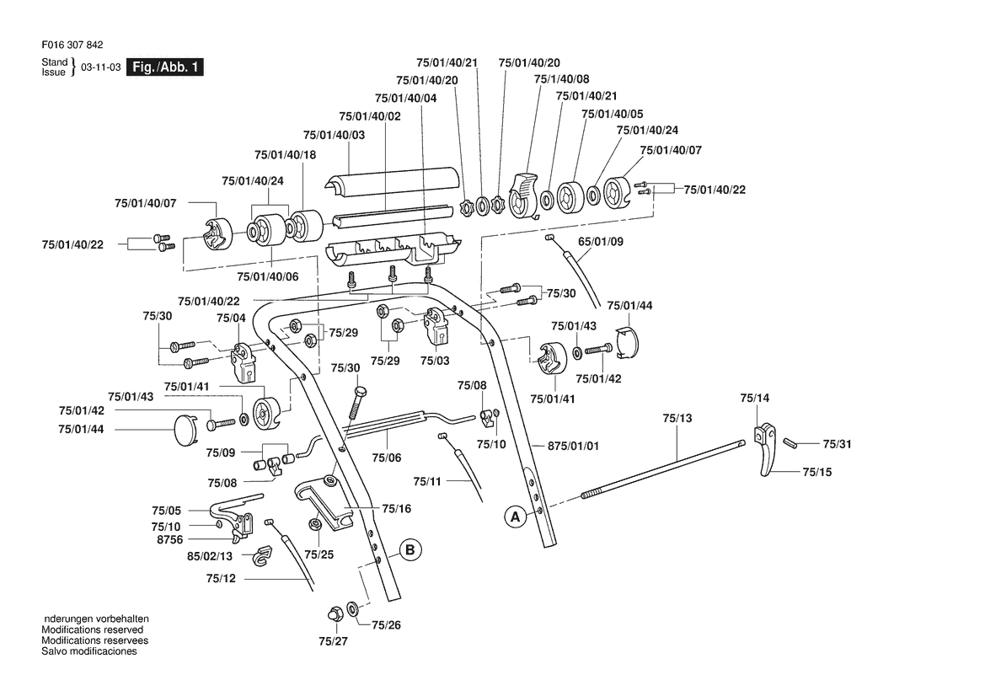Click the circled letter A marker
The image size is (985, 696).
click(516, 517)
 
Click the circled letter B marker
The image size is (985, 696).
click(410, 550)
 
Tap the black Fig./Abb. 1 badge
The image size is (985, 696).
click(165, 67)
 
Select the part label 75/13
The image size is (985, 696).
click(677, 418)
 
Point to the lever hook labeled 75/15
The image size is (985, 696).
click(766, 460)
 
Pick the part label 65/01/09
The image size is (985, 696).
click(601, 241)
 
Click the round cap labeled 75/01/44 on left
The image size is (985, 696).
click(185, 430)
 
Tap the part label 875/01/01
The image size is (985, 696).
click(574, 446)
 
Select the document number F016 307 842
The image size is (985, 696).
click(72, 46)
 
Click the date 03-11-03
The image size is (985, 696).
click(100, 67)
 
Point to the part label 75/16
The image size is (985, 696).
click(396, 508)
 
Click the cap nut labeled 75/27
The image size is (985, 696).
click(335, 613)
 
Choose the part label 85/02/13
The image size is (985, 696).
click(210, 556)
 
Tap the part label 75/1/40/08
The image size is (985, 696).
click(562, 79)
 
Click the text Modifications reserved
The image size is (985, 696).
click(93, 630)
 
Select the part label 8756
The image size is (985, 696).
click(169, 539)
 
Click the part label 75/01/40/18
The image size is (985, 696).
click(285, 154)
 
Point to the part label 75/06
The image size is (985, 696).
click(387, 458)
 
